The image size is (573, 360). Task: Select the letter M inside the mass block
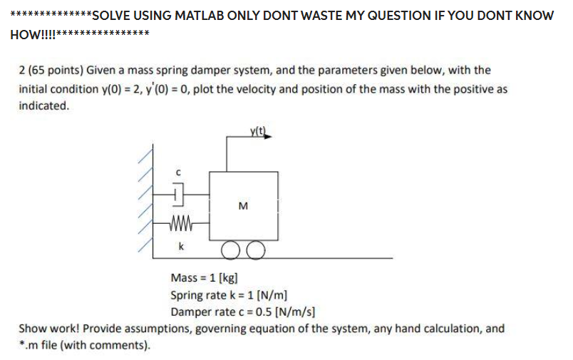(x=244, y=207)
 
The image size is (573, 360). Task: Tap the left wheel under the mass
(x=231, y=250)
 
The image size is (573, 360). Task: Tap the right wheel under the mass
(x=256, y=250)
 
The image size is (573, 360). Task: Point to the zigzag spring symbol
(x=181, y=227)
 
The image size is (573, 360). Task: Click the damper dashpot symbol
(x=179, y=192)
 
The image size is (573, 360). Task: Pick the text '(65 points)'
(x=54, y=71)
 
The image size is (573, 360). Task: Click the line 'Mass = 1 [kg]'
(x=204, y=278)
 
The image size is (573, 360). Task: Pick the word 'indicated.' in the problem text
(x=43, y=106)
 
